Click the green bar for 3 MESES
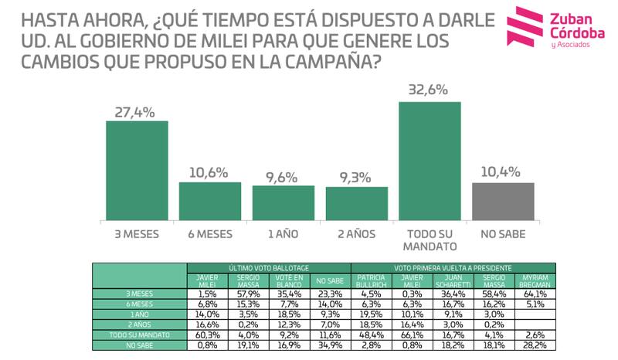[137, 171]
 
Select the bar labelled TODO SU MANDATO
[430, 161]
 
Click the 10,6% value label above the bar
[210, 173]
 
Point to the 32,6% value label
[429, 90]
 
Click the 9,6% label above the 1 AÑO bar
[283, 176]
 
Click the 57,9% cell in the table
[248, 294]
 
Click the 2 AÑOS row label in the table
[139, 324]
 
